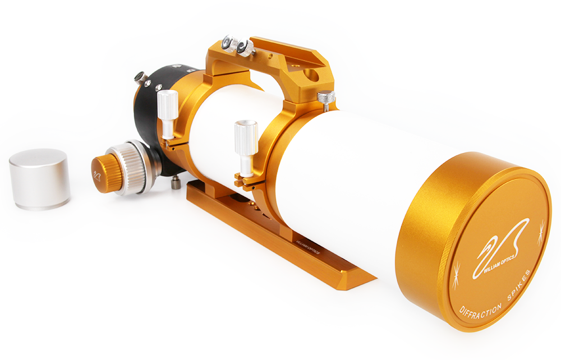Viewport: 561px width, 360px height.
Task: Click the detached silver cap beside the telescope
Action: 39,179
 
